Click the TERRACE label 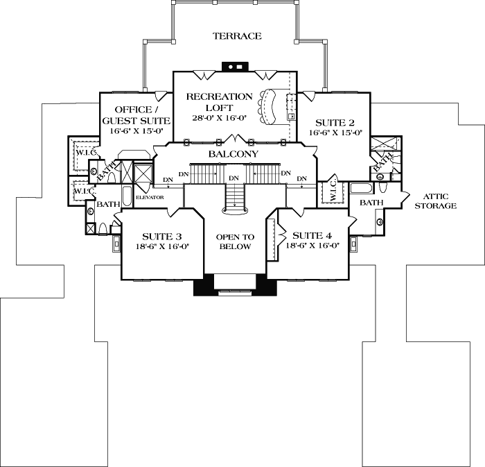(x=237, y=36)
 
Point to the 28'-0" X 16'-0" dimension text (x=219, y=118)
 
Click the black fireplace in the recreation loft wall (x=233, y=67)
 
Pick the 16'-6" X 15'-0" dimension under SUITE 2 (x=335, y=131)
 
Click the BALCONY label (x=233, y=154)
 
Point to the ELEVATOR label (x=149, y=198)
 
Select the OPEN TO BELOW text (x=234, y=241)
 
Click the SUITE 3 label (x=161, y=236)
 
